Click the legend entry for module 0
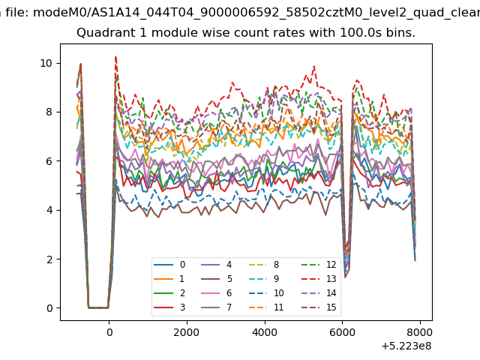point(169,265)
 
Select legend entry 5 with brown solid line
point(217,279)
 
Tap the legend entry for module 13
point(319,279)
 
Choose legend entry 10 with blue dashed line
point(267,293)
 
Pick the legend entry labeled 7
point(217,307)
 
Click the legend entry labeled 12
point(319,265)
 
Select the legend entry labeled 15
point(319,307)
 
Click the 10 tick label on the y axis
point(46,63)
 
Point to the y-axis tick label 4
point(49,210)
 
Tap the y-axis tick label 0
point(49,308)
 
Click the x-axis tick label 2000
point(187,332)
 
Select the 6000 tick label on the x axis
point(342,332)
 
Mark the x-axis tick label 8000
point(420,332)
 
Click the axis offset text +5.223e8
point(406,346)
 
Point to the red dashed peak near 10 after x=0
point(115,57)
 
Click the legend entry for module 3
point(169,307)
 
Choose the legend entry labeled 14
point(319,293)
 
